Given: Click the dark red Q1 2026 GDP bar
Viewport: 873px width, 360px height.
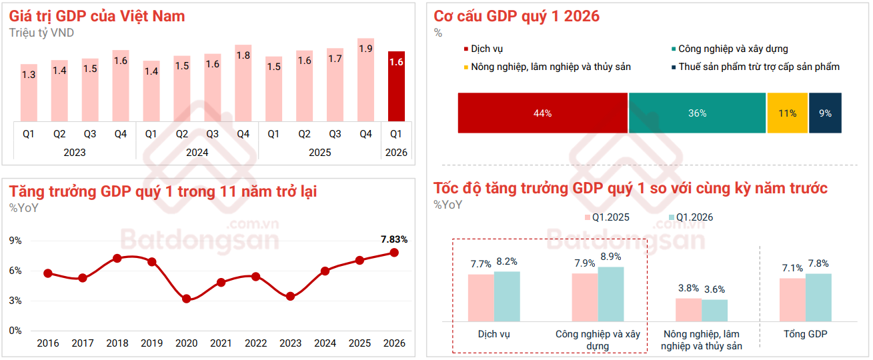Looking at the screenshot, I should click(x=396, y=87).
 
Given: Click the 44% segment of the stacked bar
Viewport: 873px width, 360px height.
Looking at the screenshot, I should click(x=542, y=113).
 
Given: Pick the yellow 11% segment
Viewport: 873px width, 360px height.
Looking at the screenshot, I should click(x=787, y=113).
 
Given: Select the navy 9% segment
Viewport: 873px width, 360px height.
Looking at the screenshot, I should click(x=825, y=113).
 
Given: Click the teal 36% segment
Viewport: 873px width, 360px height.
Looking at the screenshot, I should click(x=697, y=113).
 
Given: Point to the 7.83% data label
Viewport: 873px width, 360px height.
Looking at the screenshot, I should click(x=393, y=239).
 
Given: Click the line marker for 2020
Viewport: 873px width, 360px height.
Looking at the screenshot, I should click(x=187, y=299).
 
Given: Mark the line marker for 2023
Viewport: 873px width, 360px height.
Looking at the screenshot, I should click(x=290, y=296).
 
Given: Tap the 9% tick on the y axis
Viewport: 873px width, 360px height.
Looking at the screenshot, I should click(x=15, y=240).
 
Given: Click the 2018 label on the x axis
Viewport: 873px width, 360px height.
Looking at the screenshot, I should click(x=117, y=343).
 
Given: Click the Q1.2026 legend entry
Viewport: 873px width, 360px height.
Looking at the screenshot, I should click(x=694, y=217).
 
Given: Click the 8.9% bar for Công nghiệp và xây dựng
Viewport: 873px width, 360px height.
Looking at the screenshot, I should click(x=611, y=294).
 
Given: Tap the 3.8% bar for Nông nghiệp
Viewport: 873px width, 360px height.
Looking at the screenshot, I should click(x=688, y=309).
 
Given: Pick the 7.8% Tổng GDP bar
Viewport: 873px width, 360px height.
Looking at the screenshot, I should click(x=818, y=297).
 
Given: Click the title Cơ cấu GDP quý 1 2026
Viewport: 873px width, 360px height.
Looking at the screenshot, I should click(x=516, y=16).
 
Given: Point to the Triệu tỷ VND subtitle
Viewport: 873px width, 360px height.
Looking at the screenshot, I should click(x=41, y=32).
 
